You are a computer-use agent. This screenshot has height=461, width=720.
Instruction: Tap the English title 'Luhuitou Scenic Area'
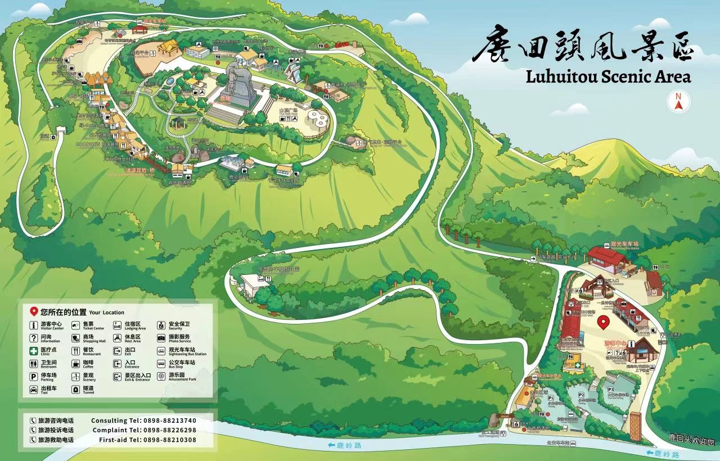[x=608, y=76]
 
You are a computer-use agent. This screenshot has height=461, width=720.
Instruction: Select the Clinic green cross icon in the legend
[x=34, y=350]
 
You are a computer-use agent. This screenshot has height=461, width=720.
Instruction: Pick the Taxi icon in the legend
[x=34, y=390]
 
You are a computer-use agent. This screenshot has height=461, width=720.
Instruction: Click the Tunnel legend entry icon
[x=75, y=390]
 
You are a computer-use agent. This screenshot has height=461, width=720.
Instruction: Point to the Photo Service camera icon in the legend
[x=161, y=338]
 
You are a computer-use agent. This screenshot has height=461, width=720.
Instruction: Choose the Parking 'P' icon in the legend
[x=34, y=377]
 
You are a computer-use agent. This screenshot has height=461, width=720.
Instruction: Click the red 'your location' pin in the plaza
[x=603, y=323]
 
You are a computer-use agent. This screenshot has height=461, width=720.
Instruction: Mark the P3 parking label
[x=611, y=389]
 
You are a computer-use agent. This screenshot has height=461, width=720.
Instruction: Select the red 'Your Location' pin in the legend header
[x=34, y=311]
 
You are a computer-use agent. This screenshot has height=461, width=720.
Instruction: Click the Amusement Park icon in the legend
[x=161, y=376]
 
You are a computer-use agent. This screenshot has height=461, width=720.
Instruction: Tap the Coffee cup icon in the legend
[x=75, y=364]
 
